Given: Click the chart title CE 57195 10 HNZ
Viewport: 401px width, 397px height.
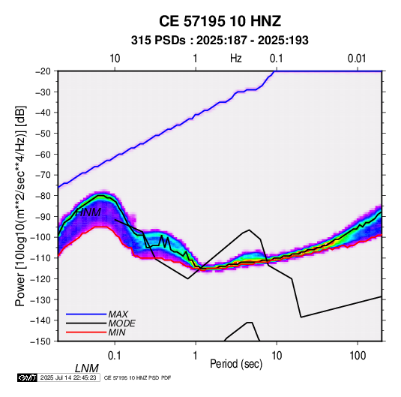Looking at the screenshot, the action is click(220, 21).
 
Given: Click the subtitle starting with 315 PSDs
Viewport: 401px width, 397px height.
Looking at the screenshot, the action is click(220, 41).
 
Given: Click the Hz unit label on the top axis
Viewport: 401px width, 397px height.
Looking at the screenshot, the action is click(236, 59).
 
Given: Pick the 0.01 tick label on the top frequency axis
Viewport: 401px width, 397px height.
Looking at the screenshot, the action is click(357, 59).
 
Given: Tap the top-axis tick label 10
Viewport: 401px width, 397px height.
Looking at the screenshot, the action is click(115, 59).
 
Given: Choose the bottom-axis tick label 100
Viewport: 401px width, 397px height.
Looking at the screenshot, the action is click(358, 356).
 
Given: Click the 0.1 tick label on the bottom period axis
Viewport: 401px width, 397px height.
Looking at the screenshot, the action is click(115, 356).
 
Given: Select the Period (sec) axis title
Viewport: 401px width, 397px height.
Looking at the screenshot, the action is click(236, 364).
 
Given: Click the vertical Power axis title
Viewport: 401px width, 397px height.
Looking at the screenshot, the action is click(20, 206).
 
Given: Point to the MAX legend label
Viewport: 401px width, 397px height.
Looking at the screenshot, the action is click(118, 314).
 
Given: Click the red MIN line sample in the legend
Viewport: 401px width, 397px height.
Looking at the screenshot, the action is click(86, 332).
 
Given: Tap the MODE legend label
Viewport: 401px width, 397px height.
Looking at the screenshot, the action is click(121, 323).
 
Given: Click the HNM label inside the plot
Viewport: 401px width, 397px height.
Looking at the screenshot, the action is click(88, 212).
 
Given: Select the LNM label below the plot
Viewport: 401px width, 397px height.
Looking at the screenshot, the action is click(87, 368).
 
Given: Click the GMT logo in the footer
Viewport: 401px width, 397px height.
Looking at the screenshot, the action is click(28, 377).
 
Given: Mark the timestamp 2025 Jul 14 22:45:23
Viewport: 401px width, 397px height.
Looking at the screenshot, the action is click(68, 377).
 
